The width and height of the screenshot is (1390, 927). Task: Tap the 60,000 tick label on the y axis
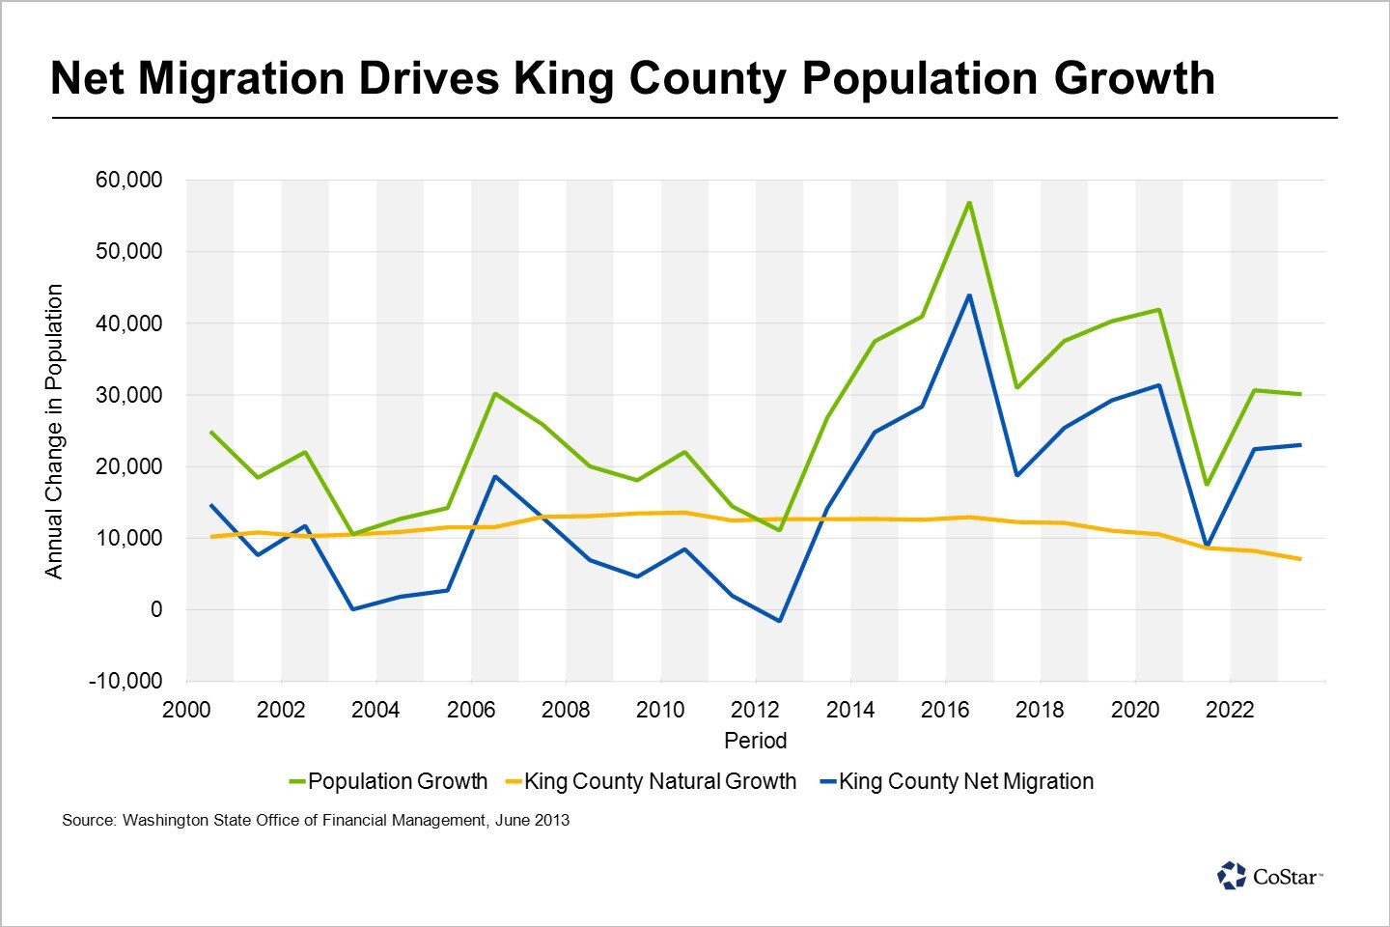(x=128, y=181)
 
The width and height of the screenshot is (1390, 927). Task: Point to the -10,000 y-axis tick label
(x=125, y=681)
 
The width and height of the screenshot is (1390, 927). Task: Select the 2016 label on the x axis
(x=945, y=710)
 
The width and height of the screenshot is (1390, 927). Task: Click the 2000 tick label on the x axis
(x=186, y=710)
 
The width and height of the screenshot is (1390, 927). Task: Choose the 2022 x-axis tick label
(x=1230, y=710)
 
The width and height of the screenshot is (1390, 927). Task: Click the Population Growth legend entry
(x=388, y=781)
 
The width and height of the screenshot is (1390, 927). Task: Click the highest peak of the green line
(x=968, y=203)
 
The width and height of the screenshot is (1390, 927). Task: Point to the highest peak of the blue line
(x=969, y=295)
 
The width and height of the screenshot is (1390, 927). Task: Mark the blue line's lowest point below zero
(x=779, y=621)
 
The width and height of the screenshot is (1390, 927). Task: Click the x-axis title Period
(x=755, y=741)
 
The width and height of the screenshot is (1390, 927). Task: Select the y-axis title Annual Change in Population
(x=54, y=431)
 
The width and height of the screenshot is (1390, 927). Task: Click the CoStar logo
(x=1269, y=876)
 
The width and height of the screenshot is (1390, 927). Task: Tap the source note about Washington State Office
(x=316, y=820)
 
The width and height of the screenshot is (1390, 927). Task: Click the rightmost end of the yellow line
(x=1300, y=559)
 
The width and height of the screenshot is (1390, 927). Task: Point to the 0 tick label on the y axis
(x=155, y=609)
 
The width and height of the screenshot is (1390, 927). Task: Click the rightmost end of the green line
(x=1300, y=394)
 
